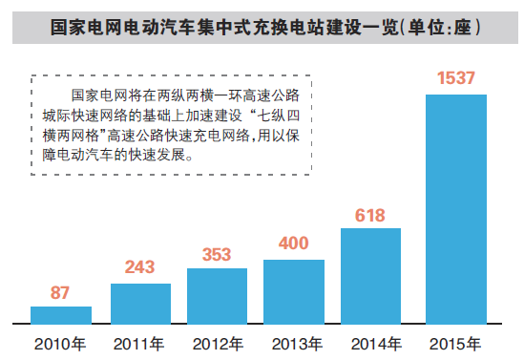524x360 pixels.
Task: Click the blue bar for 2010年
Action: click(61, 314)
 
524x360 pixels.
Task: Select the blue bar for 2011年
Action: click(140, 303)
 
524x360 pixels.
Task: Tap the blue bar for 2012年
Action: click(217, 295)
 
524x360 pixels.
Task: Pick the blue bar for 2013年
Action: click(294, 291)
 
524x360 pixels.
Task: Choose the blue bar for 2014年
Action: click(370, 275)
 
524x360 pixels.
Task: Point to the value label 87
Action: click(60, 293)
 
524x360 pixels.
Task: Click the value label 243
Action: click(140, 269)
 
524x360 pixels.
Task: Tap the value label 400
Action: click(294, 244)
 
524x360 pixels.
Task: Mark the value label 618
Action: click(370, 214)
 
